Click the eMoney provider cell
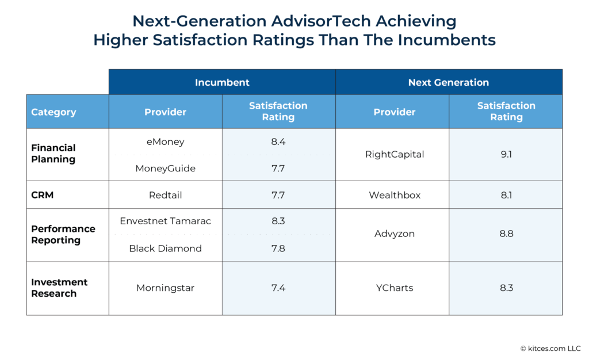165,141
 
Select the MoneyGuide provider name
165,168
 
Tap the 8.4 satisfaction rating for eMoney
278,141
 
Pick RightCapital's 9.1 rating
506,154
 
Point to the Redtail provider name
165,195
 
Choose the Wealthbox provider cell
395,195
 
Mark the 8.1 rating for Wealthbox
506,195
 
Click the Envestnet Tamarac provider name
165,221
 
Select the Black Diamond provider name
165,248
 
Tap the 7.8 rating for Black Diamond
278,248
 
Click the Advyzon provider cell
395,234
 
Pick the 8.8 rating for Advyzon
506,234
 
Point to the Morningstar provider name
165,288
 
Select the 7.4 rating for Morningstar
278,288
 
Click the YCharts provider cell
395,288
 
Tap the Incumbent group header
222,82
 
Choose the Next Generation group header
449,82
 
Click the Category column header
53,112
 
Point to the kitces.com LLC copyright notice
550,348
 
